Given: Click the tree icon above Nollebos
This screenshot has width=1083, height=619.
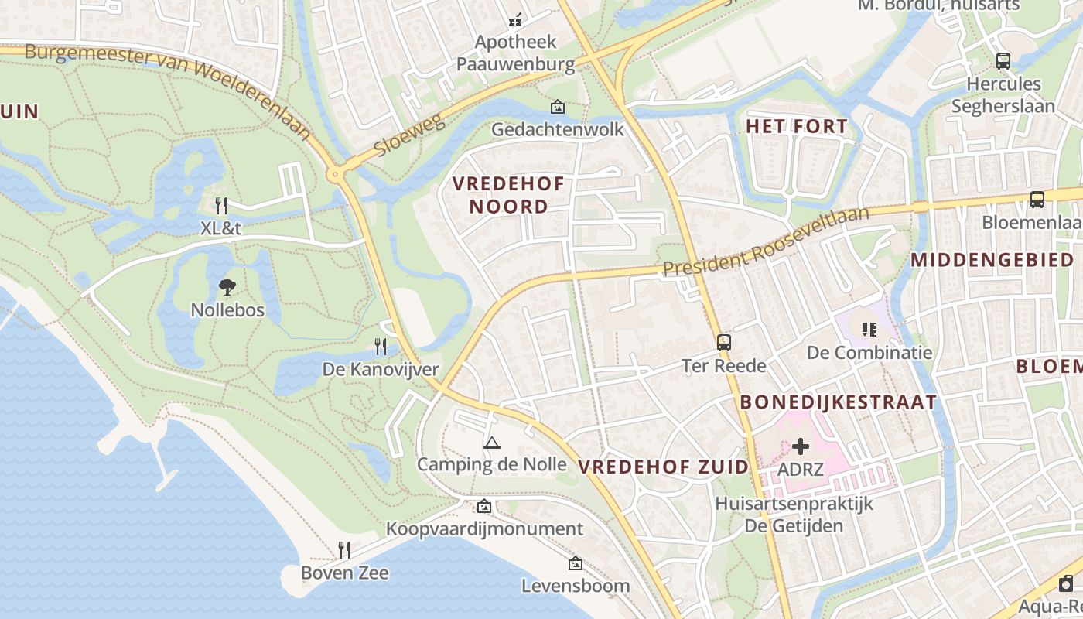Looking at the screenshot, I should tap(227, 287).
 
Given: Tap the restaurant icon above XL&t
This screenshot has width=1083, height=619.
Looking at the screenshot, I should tap(221, 205).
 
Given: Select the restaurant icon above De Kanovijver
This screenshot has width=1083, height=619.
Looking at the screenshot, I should tap(380, 346).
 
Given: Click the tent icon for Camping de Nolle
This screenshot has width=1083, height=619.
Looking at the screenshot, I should tap(491, 443).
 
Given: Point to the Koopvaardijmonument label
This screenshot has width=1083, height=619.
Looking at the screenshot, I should tap(484, 529).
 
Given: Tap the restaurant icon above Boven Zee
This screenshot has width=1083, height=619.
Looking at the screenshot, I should tap(344, 550).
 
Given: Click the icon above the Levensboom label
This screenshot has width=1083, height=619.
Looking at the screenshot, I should tap(575, 563).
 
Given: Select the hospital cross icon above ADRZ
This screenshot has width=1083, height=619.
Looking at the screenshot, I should tap(801, 446).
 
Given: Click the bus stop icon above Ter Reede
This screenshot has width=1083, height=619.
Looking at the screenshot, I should tap(723, 342).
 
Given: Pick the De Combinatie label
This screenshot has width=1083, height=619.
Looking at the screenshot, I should tap(869, 353).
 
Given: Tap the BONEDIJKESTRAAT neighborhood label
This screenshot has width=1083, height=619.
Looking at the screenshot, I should tap(839, 402).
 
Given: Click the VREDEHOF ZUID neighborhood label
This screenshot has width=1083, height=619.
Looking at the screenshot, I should tap(664, 467).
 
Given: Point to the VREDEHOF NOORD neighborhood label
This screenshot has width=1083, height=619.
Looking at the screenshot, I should tap(509, 195).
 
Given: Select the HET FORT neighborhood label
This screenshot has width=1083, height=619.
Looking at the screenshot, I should tap(797, 126).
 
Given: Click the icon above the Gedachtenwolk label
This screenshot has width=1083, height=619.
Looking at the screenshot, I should tap(557, 107).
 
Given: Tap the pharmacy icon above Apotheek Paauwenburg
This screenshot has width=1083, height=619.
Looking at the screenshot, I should tap(515, 20).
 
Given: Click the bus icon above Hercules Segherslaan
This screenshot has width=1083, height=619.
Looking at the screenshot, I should tap(1003, 60).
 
